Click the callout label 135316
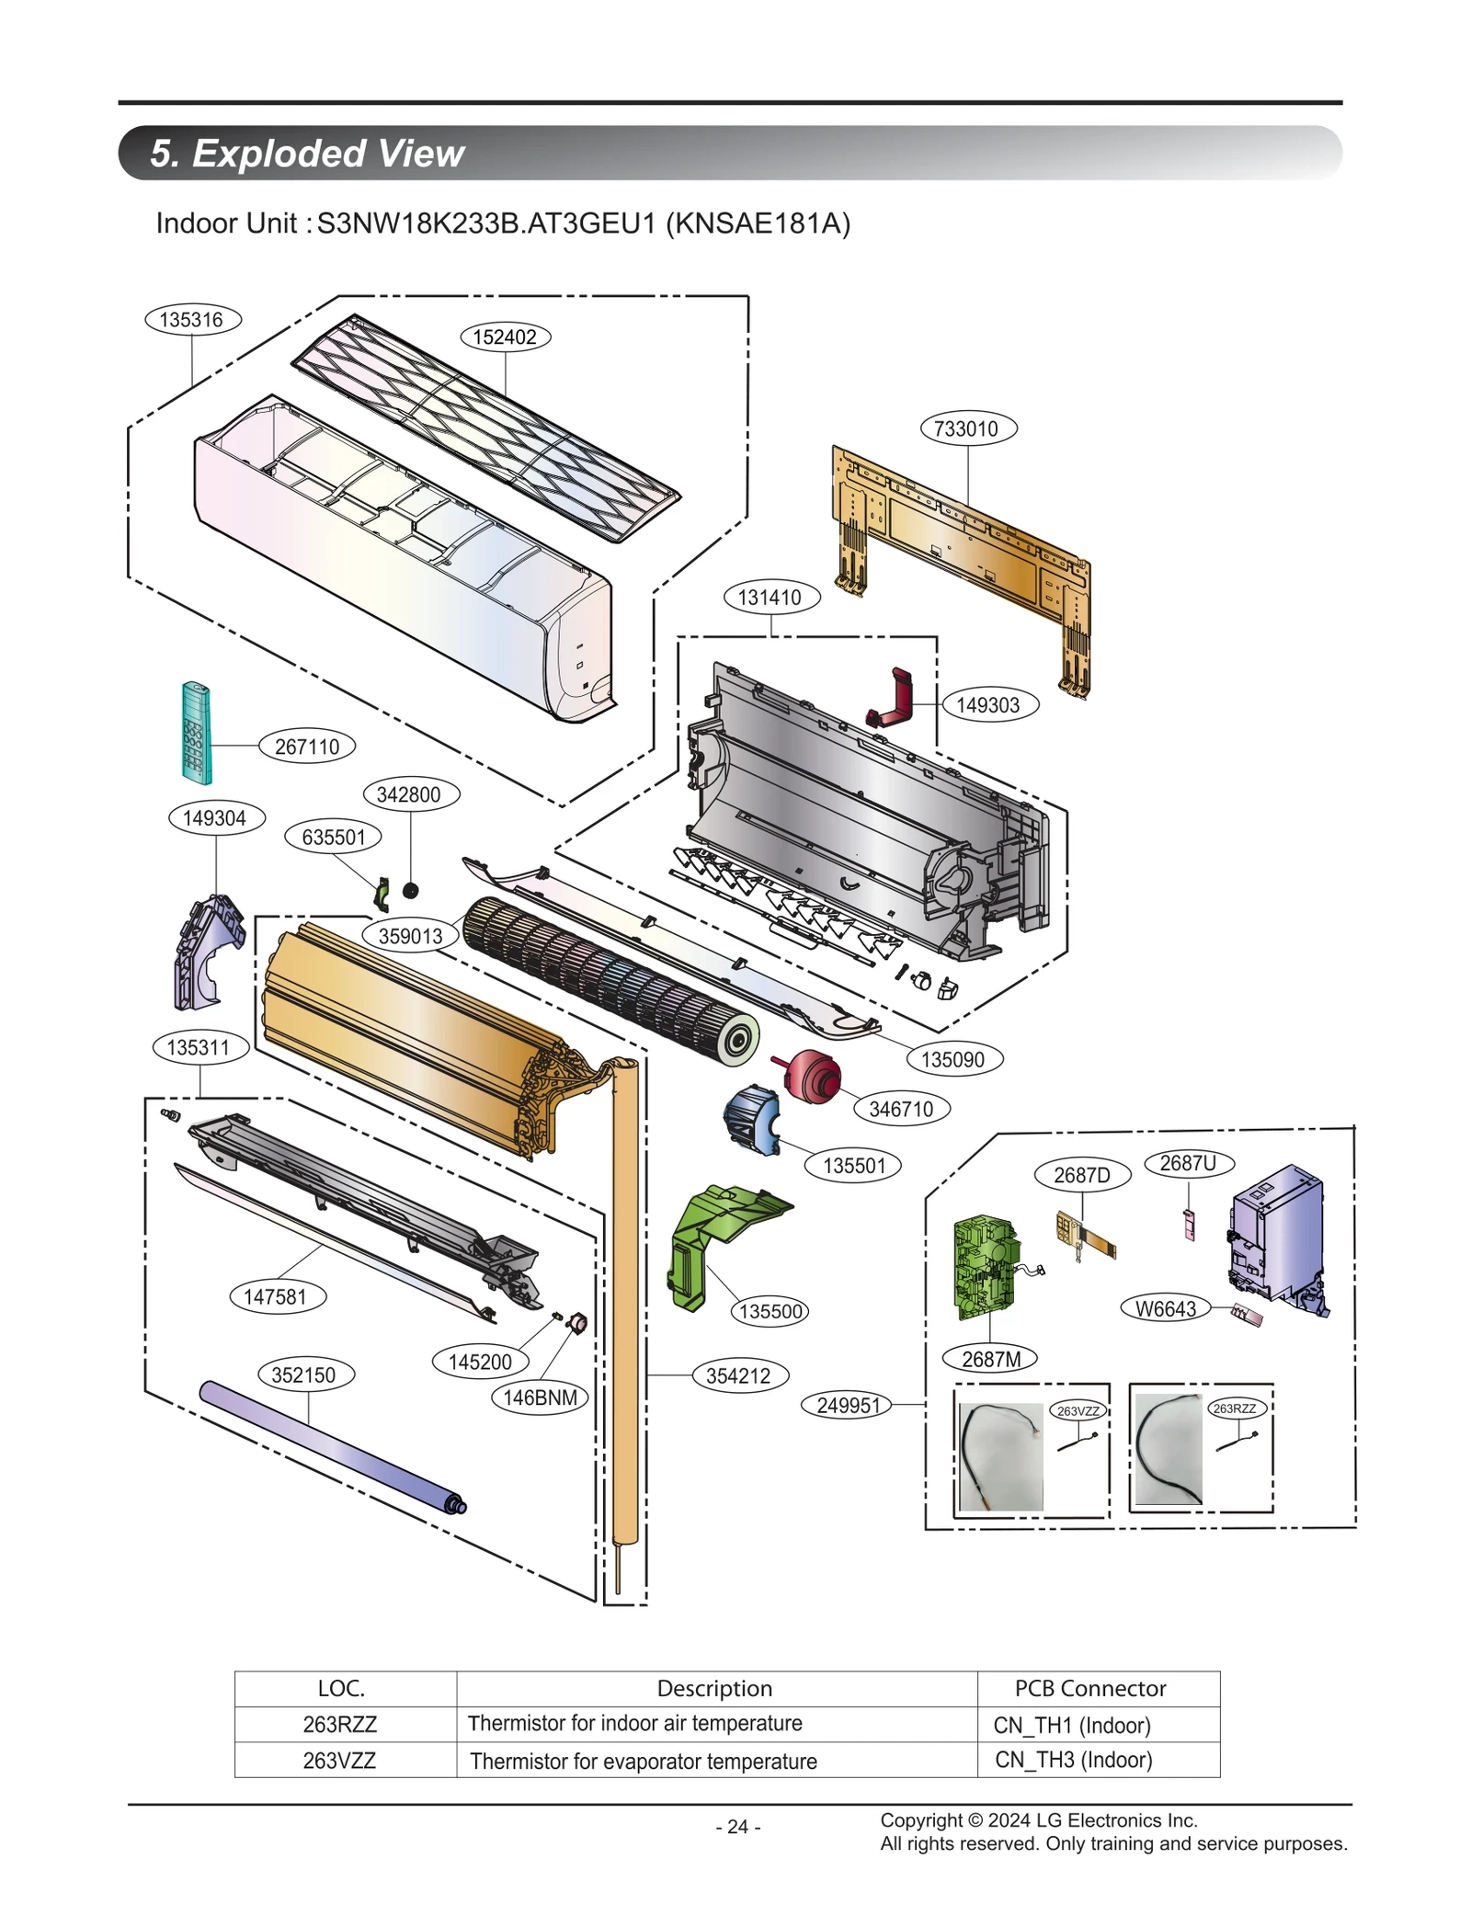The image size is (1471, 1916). tap(191, 320)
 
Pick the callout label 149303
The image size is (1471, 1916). tap(988, 705)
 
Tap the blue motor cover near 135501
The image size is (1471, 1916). tap(751, 1119)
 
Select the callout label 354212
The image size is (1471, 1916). tap(737, 1375)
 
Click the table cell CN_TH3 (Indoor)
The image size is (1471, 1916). tap(1073, 1760)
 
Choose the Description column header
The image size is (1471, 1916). tap(714, 1688)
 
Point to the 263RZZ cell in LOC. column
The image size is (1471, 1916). tap(340, 1724)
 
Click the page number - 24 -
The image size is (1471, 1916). tap(737, 1827)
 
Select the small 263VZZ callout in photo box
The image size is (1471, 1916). tap(1078, 1410)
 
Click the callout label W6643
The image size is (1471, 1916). tap(1165, 1308)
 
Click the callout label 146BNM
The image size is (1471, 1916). tap(540, 1397)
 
